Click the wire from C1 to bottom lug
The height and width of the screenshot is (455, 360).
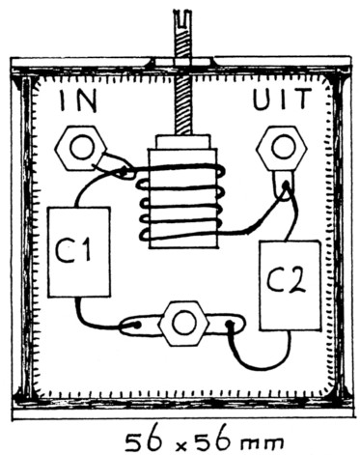point(92,319)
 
